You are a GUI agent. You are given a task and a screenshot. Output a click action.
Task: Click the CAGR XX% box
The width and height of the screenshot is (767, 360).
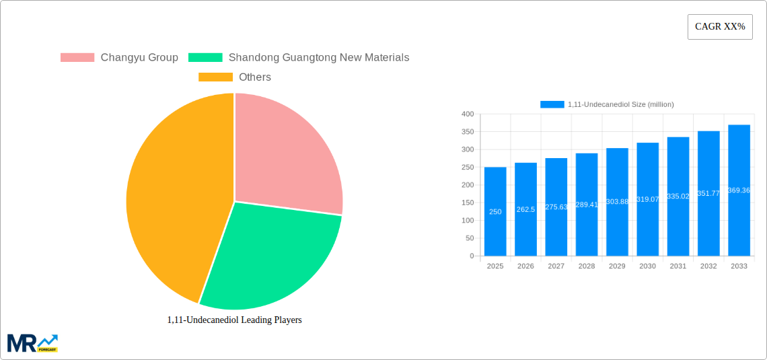[720, 27]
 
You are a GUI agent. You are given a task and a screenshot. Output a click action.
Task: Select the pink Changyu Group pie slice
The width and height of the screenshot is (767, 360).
[283, 155]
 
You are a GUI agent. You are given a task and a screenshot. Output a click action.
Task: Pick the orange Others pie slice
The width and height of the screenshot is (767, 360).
[175, 202]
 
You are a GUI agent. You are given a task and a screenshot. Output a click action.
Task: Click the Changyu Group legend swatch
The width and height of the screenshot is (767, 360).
[77, 58]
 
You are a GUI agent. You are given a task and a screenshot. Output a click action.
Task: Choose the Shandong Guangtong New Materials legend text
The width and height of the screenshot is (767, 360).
[318, 58]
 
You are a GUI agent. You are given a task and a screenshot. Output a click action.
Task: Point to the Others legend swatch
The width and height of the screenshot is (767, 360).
[215, 77]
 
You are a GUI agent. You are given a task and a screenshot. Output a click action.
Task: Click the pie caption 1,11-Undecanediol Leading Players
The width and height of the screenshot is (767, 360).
[234, 320]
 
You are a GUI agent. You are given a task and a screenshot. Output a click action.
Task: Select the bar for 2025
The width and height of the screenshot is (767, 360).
[495, 211]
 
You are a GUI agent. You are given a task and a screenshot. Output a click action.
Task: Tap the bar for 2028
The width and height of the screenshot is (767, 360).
[587, 205]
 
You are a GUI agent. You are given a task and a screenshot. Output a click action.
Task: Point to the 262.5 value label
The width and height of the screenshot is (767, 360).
[525, 209]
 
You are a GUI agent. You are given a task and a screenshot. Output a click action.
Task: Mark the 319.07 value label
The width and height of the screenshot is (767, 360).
[647, 199]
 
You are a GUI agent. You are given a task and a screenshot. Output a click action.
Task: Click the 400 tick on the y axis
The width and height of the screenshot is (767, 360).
[468, 114]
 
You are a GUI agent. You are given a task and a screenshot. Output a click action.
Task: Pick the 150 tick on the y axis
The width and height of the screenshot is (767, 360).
[468, 203]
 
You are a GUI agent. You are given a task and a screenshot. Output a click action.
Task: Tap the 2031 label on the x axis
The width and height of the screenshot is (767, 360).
[678, 266]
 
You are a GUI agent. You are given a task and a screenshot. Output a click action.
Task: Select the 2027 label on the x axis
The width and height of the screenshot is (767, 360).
[556, 266]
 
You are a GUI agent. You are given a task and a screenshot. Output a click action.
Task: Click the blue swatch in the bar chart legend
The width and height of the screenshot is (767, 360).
[552, 104]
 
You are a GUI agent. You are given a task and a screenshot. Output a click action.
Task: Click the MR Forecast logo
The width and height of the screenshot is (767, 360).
[32, 343]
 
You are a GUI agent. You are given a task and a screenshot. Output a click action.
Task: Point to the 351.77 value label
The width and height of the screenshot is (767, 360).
[708, 194]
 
